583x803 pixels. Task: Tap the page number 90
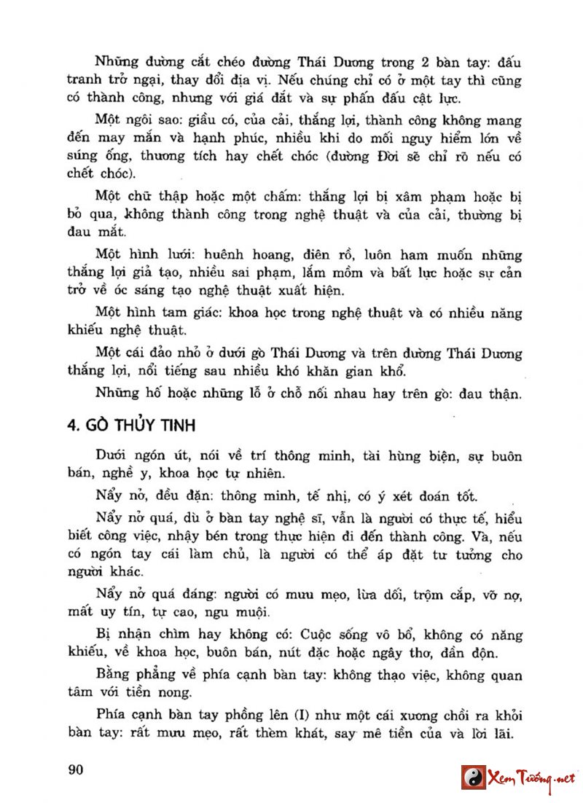click(76, 770)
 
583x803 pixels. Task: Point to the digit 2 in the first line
click(418, 62)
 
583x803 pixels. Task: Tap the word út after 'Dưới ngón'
click(181, 457)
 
